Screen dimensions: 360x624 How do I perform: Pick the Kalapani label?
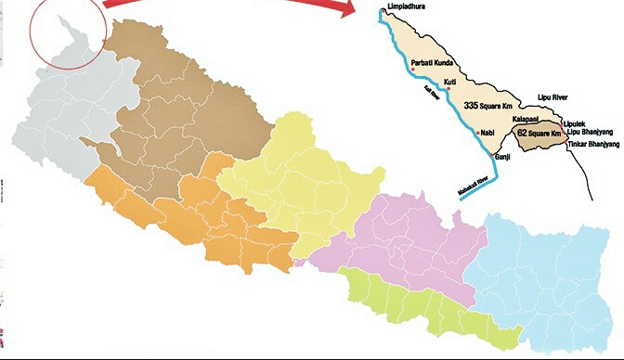coord(529,121)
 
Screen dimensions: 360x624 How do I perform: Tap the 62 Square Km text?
coord(540,134)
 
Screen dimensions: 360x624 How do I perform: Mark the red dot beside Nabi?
coord(478,134)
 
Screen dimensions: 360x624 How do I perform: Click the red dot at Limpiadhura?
coord(382,11)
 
